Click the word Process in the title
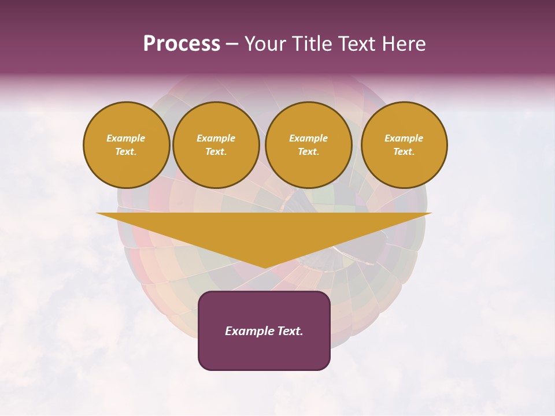[182, 44]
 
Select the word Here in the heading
[402, 44]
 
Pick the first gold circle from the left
[127, 145]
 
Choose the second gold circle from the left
[216, 145]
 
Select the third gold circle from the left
[309, 145]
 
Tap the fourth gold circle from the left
[404, 145]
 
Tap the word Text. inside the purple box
[289, 331]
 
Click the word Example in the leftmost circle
[126, 138]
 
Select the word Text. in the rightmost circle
[404, 152]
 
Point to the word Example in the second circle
[216, 138]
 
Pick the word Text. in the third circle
[309, 152]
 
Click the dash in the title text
[232, 44]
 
